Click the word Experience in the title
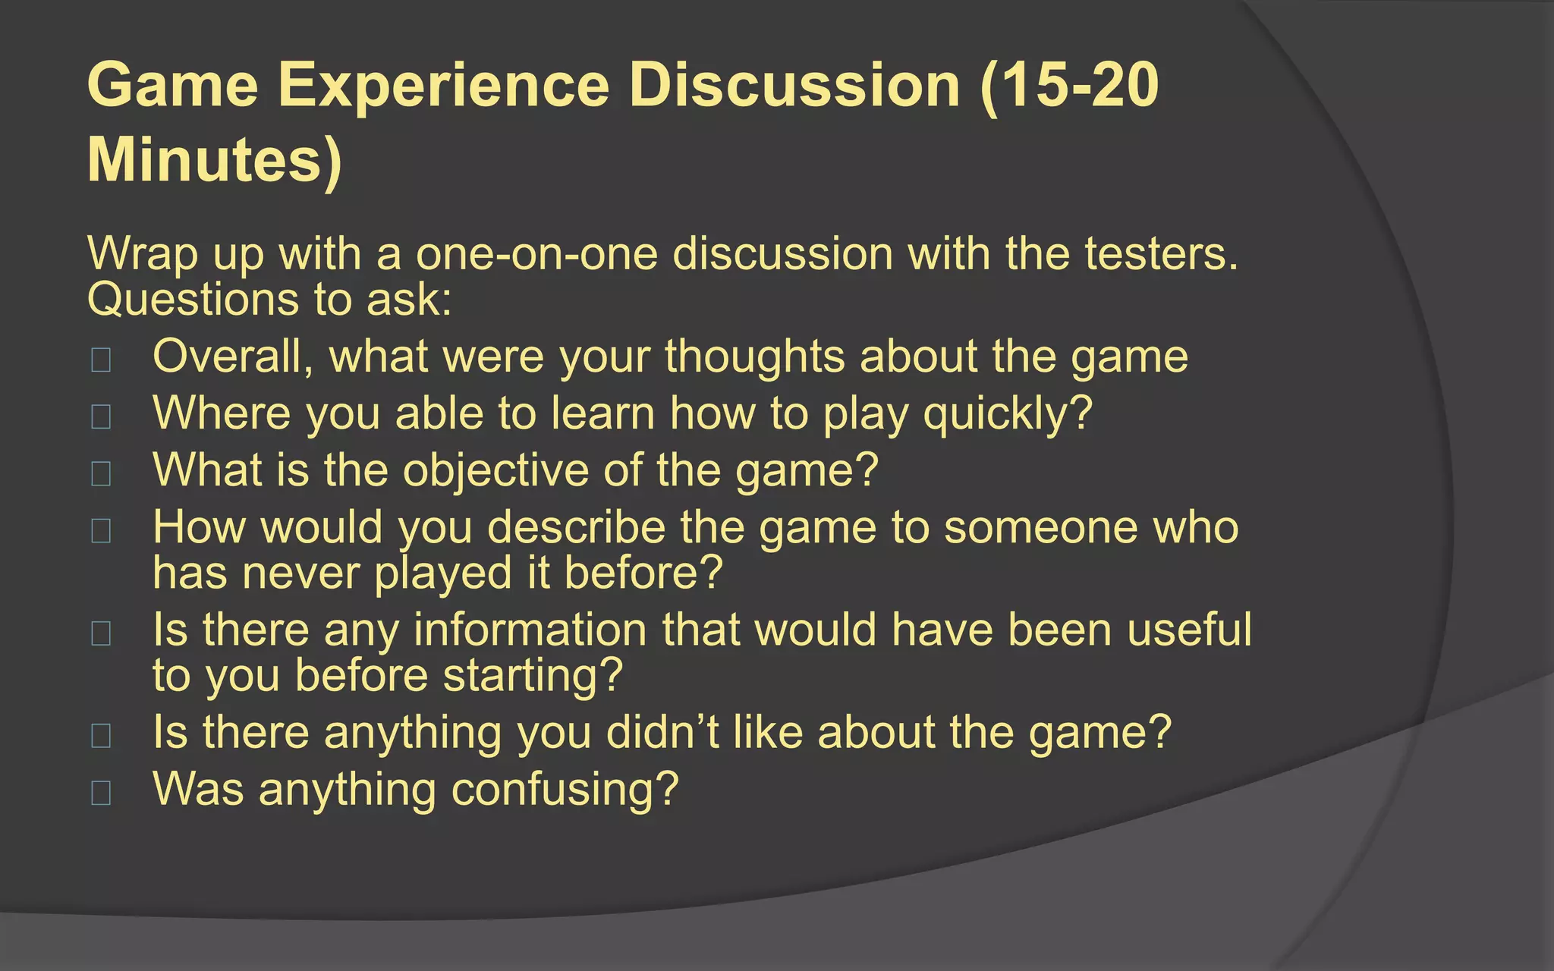tap(444, 85)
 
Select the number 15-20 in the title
tap(1070, 85)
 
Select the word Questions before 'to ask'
tap(193, 300)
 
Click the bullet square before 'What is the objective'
tap(101, 473)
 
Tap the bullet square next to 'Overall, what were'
tap(101, 360)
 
